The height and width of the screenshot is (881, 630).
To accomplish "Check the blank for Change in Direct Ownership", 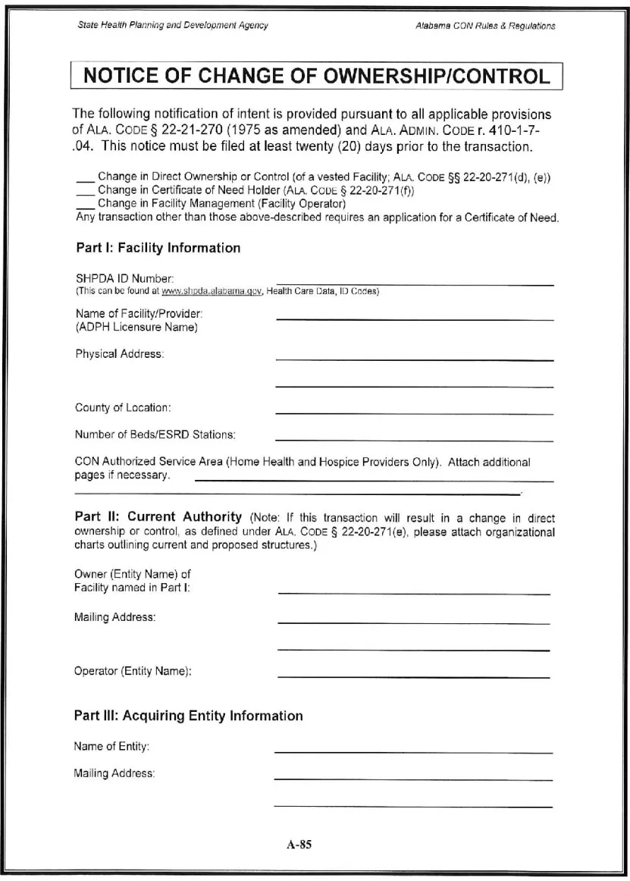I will [x=85, y=180].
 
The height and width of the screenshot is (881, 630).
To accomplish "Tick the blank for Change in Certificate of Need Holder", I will [x=85, y=192].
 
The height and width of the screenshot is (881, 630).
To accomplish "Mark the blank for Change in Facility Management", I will [x=85, y=204].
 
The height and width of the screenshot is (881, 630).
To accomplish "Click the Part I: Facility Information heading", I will [x=158, y=248].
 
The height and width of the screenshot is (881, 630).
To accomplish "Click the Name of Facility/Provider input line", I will [x=414, y=318].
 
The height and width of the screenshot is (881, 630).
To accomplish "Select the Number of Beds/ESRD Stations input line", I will [x=414, y=439].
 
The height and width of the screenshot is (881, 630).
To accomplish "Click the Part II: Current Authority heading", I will [x=158, y=517].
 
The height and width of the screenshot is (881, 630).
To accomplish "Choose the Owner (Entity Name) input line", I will [x=414, y=593].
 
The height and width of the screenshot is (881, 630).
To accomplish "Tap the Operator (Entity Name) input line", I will [x=414, y=676].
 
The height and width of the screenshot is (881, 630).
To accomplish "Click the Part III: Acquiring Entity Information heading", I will [x=188, y=716].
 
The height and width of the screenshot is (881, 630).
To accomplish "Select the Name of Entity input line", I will [x=413, y=751].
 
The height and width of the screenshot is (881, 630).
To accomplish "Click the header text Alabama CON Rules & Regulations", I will [x=485, y=26].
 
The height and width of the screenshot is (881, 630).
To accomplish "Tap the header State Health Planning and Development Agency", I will [x=173, y=26].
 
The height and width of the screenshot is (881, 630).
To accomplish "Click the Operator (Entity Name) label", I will [x=133, y=671].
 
